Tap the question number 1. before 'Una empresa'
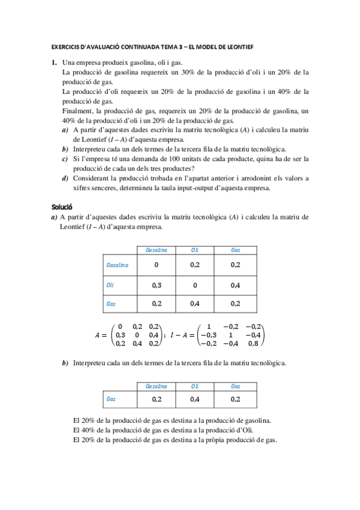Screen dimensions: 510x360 click(x=54, y=63)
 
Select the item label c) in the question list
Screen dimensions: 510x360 click(x=64, y=159)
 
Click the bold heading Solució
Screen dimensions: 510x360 click(x=62, y=206)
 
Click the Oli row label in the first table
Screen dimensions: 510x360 click(x=110, y=284)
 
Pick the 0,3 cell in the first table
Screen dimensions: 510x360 click(x=156, y=284)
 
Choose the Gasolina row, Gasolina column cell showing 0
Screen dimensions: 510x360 click(x=156, y=265)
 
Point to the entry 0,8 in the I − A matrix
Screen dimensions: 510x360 click(x=254, y=343)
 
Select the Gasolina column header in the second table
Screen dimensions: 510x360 click(x=156, y=386)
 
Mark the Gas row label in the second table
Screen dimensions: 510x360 click(x=111, y=399)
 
